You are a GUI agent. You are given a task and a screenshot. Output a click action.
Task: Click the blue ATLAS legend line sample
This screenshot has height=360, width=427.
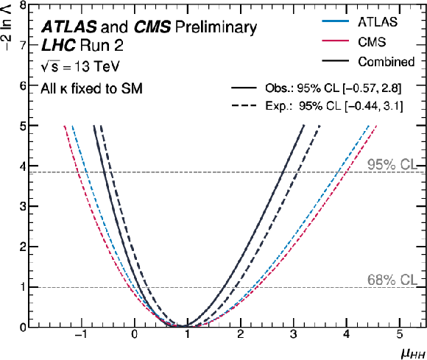pyautogui.click(x=335, y=21)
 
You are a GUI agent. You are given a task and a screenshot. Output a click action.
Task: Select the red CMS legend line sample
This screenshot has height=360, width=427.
pyautogui.click(x=335, y=40)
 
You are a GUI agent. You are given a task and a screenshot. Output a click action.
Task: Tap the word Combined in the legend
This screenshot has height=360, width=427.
pyautogui.click(x=387, y=62)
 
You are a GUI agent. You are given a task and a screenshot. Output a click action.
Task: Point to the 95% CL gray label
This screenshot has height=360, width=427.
pyautogui.click(x=392, y=164)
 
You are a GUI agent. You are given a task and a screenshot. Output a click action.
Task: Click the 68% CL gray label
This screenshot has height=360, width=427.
pyautogui.click(x=392, y=280)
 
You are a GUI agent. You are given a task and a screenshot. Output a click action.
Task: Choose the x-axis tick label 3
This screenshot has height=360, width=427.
pyautogui.click(x=293, y=334)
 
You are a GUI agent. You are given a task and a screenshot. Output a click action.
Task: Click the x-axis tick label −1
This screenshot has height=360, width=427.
pyautogui.click(x=81, y=334)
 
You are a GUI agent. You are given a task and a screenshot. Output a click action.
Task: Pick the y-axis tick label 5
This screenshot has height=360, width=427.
pyautogui.click(x=23, y=126)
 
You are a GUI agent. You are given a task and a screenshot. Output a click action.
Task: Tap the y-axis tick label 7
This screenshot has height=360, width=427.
pyautogui.click(x=23, y=45)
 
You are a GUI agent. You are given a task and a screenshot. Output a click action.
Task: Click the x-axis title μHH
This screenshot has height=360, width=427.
pyautogui.click(x=413, y=353)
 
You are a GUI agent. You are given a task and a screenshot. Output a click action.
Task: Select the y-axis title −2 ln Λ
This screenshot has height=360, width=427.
pyautogui.click(x=7, y=25)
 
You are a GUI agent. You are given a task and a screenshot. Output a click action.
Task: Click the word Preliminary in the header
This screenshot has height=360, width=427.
pyautogui.click(x=216, y=27)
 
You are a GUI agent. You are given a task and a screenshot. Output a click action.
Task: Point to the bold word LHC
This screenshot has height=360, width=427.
pyautogui.click(x=58, y=45)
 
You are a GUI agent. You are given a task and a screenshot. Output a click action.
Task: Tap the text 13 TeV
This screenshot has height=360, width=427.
pyautogui.click(x=96, y=66)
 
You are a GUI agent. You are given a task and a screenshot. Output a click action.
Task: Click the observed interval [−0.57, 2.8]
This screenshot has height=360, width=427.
pyautogui.click(x=372, y=88)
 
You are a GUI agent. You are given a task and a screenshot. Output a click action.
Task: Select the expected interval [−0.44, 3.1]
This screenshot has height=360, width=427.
pyautogui.click(x=374, y=106)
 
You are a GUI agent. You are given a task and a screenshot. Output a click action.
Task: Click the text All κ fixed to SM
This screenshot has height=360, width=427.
pyautogui.click(x=91, y=89)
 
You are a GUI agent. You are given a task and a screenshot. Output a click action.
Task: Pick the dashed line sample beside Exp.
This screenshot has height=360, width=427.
pyautogui.click(x=244, y=106)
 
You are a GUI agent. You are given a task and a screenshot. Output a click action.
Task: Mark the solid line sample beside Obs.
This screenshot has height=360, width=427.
pyautogui.click(x=244, y=88)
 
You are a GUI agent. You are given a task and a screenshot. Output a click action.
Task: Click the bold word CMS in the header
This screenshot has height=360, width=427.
pyautogui.click(x=152, y=27)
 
